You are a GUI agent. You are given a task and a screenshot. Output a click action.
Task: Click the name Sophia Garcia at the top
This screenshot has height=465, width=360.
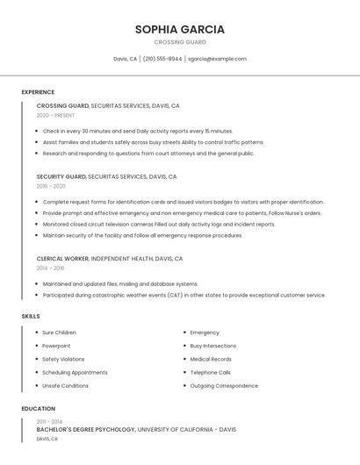(180, 29)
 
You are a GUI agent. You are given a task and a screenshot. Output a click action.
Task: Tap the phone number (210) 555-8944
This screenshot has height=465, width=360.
(162, 59)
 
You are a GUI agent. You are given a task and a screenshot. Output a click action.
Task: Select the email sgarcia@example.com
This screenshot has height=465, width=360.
(217, 59)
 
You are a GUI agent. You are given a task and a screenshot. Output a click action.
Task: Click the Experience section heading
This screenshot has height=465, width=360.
(38, 92)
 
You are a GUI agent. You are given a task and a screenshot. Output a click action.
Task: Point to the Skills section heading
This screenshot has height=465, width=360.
(31, 316)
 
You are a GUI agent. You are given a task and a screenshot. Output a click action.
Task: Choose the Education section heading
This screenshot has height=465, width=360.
(39, 409)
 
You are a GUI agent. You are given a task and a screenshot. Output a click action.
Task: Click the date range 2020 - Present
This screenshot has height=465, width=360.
(55, 115)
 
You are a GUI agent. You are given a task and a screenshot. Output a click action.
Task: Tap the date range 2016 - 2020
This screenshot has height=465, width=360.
(51, 186)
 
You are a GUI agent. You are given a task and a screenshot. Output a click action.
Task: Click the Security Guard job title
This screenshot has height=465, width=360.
(61, 176)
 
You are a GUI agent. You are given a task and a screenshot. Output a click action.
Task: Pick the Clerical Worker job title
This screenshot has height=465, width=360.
(62, 259)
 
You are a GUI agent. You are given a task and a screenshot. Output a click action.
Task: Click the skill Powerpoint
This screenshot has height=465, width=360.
(57, 346)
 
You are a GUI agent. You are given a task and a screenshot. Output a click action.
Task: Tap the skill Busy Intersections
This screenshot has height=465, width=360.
(212, 346)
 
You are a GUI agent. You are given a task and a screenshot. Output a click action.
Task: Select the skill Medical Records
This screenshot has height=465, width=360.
(211, 359)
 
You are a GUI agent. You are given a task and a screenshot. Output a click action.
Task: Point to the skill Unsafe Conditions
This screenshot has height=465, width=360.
(65, 385)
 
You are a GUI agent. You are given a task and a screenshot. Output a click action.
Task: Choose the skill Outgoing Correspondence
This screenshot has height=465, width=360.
(224, 385)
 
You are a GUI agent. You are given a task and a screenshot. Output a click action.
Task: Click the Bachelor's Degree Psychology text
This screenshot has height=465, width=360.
(86, 430)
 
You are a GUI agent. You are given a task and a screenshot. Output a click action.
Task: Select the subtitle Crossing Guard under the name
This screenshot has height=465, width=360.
(180, 42)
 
